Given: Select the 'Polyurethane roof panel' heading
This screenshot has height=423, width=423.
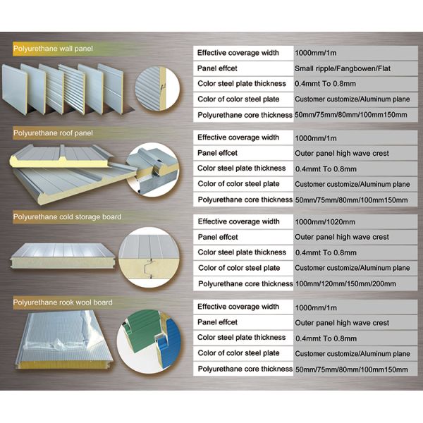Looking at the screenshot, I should (53, 132).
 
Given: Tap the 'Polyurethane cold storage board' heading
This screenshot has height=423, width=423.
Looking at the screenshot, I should (67, 216).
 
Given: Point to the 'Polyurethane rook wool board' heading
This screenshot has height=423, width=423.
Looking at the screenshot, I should (63, 302).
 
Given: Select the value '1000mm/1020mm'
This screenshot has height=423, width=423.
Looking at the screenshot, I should (324, 221).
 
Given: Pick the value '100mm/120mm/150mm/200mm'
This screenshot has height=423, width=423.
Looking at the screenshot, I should (345, 283).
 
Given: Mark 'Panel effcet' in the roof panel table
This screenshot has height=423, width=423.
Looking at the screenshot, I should (218, 153).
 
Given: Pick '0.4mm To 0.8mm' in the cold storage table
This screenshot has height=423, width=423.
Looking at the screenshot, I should (325, 252).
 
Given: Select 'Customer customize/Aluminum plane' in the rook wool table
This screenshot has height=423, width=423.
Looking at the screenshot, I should (352, 353).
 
